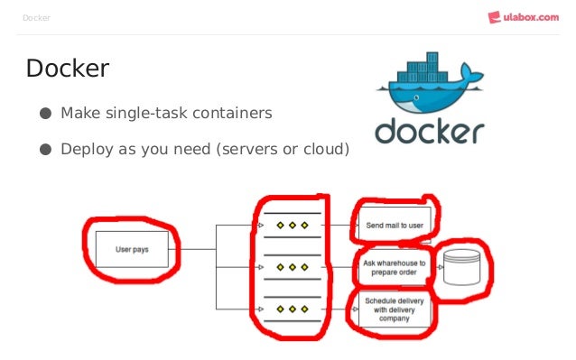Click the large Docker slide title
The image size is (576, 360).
[x=68, y=69]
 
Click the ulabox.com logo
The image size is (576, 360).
[x=523, y=16]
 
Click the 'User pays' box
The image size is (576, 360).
[x=132, y=249]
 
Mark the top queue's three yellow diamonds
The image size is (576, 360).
[x=292, y=225]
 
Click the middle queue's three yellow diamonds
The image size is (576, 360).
[x=292, y=267]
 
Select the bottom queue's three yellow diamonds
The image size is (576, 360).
[x=292, y=309]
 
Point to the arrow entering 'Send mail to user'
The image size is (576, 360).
[x=346, y=225]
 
